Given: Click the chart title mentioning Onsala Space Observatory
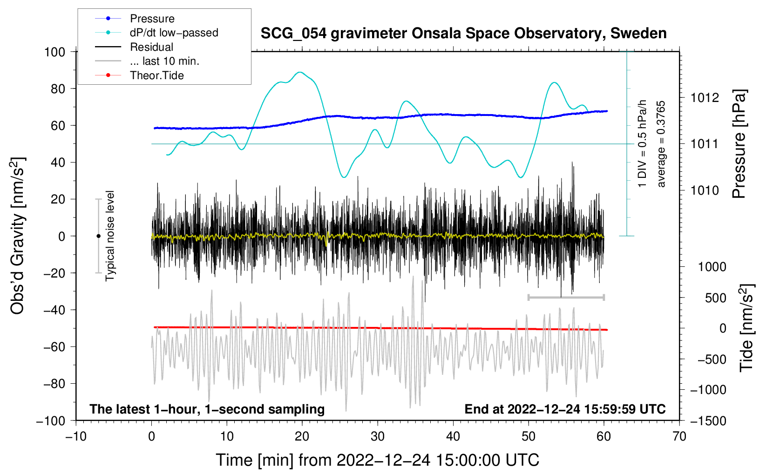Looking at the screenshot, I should pyautogui.click(x=463, y=34).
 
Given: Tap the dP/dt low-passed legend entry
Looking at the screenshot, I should pyautogui.click(x=174, y=33).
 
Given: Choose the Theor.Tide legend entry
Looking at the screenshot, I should pyautogui.click(x=156, y=75).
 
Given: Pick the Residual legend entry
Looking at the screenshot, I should pyautogui.click(x=151, y=47).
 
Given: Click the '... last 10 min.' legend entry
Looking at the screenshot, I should pyautogui.click(x=164, y=61).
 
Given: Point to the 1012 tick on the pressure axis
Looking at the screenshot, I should pyautogui.click(x=705, y=98).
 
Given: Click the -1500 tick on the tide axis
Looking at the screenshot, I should pyautogui.click(x=708, y=421).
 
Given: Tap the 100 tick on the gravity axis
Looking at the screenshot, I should pyautogui.click(x=54, y=52).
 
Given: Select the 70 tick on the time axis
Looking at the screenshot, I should pyautogui.click(x=679, y=436).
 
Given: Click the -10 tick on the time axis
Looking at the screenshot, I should pyautogui.click(x=76, y=436).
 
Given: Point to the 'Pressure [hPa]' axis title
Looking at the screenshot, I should pyautogui.click(x=739, y=144).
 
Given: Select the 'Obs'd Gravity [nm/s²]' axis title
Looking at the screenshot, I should pyautogui.click(x=18, y=236).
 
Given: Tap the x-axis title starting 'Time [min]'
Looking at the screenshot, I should pyautogui.click(x=377, y=460).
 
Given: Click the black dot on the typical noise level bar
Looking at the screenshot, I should pyautogui.click(x=98, y=236).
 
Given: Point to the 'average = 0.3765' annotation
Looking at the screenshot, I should pyautogui.click(x=661, y=144).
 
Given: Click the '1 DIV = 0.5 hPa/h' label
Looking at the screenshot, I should pyautogui.click(x=643, y=143).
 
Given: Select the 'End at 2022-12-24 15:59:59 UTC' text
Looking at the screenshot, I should pyautogui.click(x=565, y=409).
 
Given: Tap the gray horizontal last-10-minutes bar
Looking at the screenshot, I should pyautogui.click(x=566, y=297).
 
